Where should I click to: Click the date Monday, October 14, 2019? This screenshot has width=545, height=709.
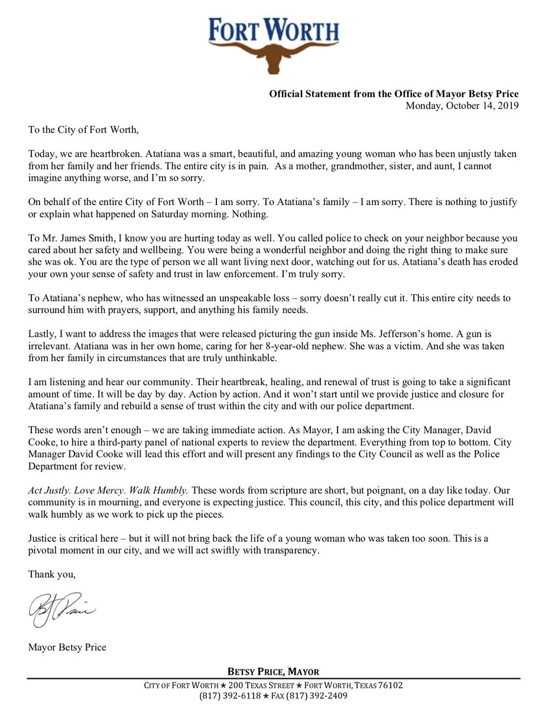coord(462,106)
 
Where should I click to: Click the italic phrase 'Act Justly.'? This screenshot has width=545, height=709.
coord(48,490)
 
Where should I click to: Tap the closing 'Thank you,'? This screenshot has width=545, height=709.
coord(52,573)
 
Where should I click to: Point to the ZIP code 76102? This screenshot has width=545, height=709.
coord(387,685)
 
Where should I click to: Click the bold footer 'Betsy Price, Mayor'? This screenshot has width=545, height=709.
coord(273,671)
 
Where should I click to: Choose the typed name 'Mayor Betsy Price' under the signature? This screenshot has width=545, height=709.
coord(67,647)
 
